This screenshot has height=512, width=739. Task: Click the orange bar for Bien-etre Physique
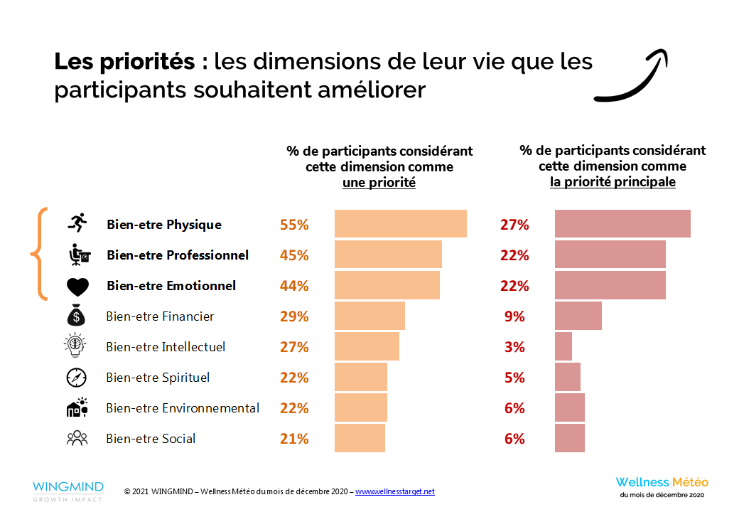[x=400, y=224]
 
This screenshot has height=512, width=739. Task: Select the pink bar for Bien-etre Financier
[x=578, y=316]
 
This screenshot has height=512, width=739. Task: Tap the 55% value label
[x=294, y=225]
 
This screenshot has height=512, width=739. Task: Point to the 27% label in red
[x=514, y=225]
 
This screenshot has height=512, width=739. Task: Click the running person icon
[x=77, y=223]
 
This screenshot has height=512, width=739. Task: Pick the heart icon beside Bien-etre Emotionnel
[x=77, y=286]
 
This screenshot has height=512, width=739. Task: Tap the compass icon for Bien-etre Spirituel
[x=76, y=378]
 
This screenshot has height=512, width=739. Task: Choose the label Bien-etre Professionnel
[x=178, y=255]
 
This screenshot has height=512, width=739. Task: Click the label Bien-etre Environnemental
[x=183, y=408]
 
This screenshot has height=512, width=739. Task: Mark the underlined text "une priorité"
[x=379, y=183]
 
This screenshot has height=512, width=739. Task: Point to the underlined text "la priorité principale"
[x=613, y=183]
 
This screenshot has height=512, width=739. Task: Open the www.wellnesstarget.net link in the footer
[x=394, y=491]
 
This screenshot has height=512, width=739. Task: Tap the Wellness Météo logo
[x=662, y=486]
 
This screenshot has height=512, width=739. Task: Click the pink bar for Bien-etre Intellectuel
[x=563, y=347]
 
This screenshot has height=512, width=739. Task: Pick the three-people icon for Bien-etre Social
[x=76, y=439]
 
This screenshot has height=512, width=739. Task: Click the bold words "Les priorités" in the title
[x=124, y=63]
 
